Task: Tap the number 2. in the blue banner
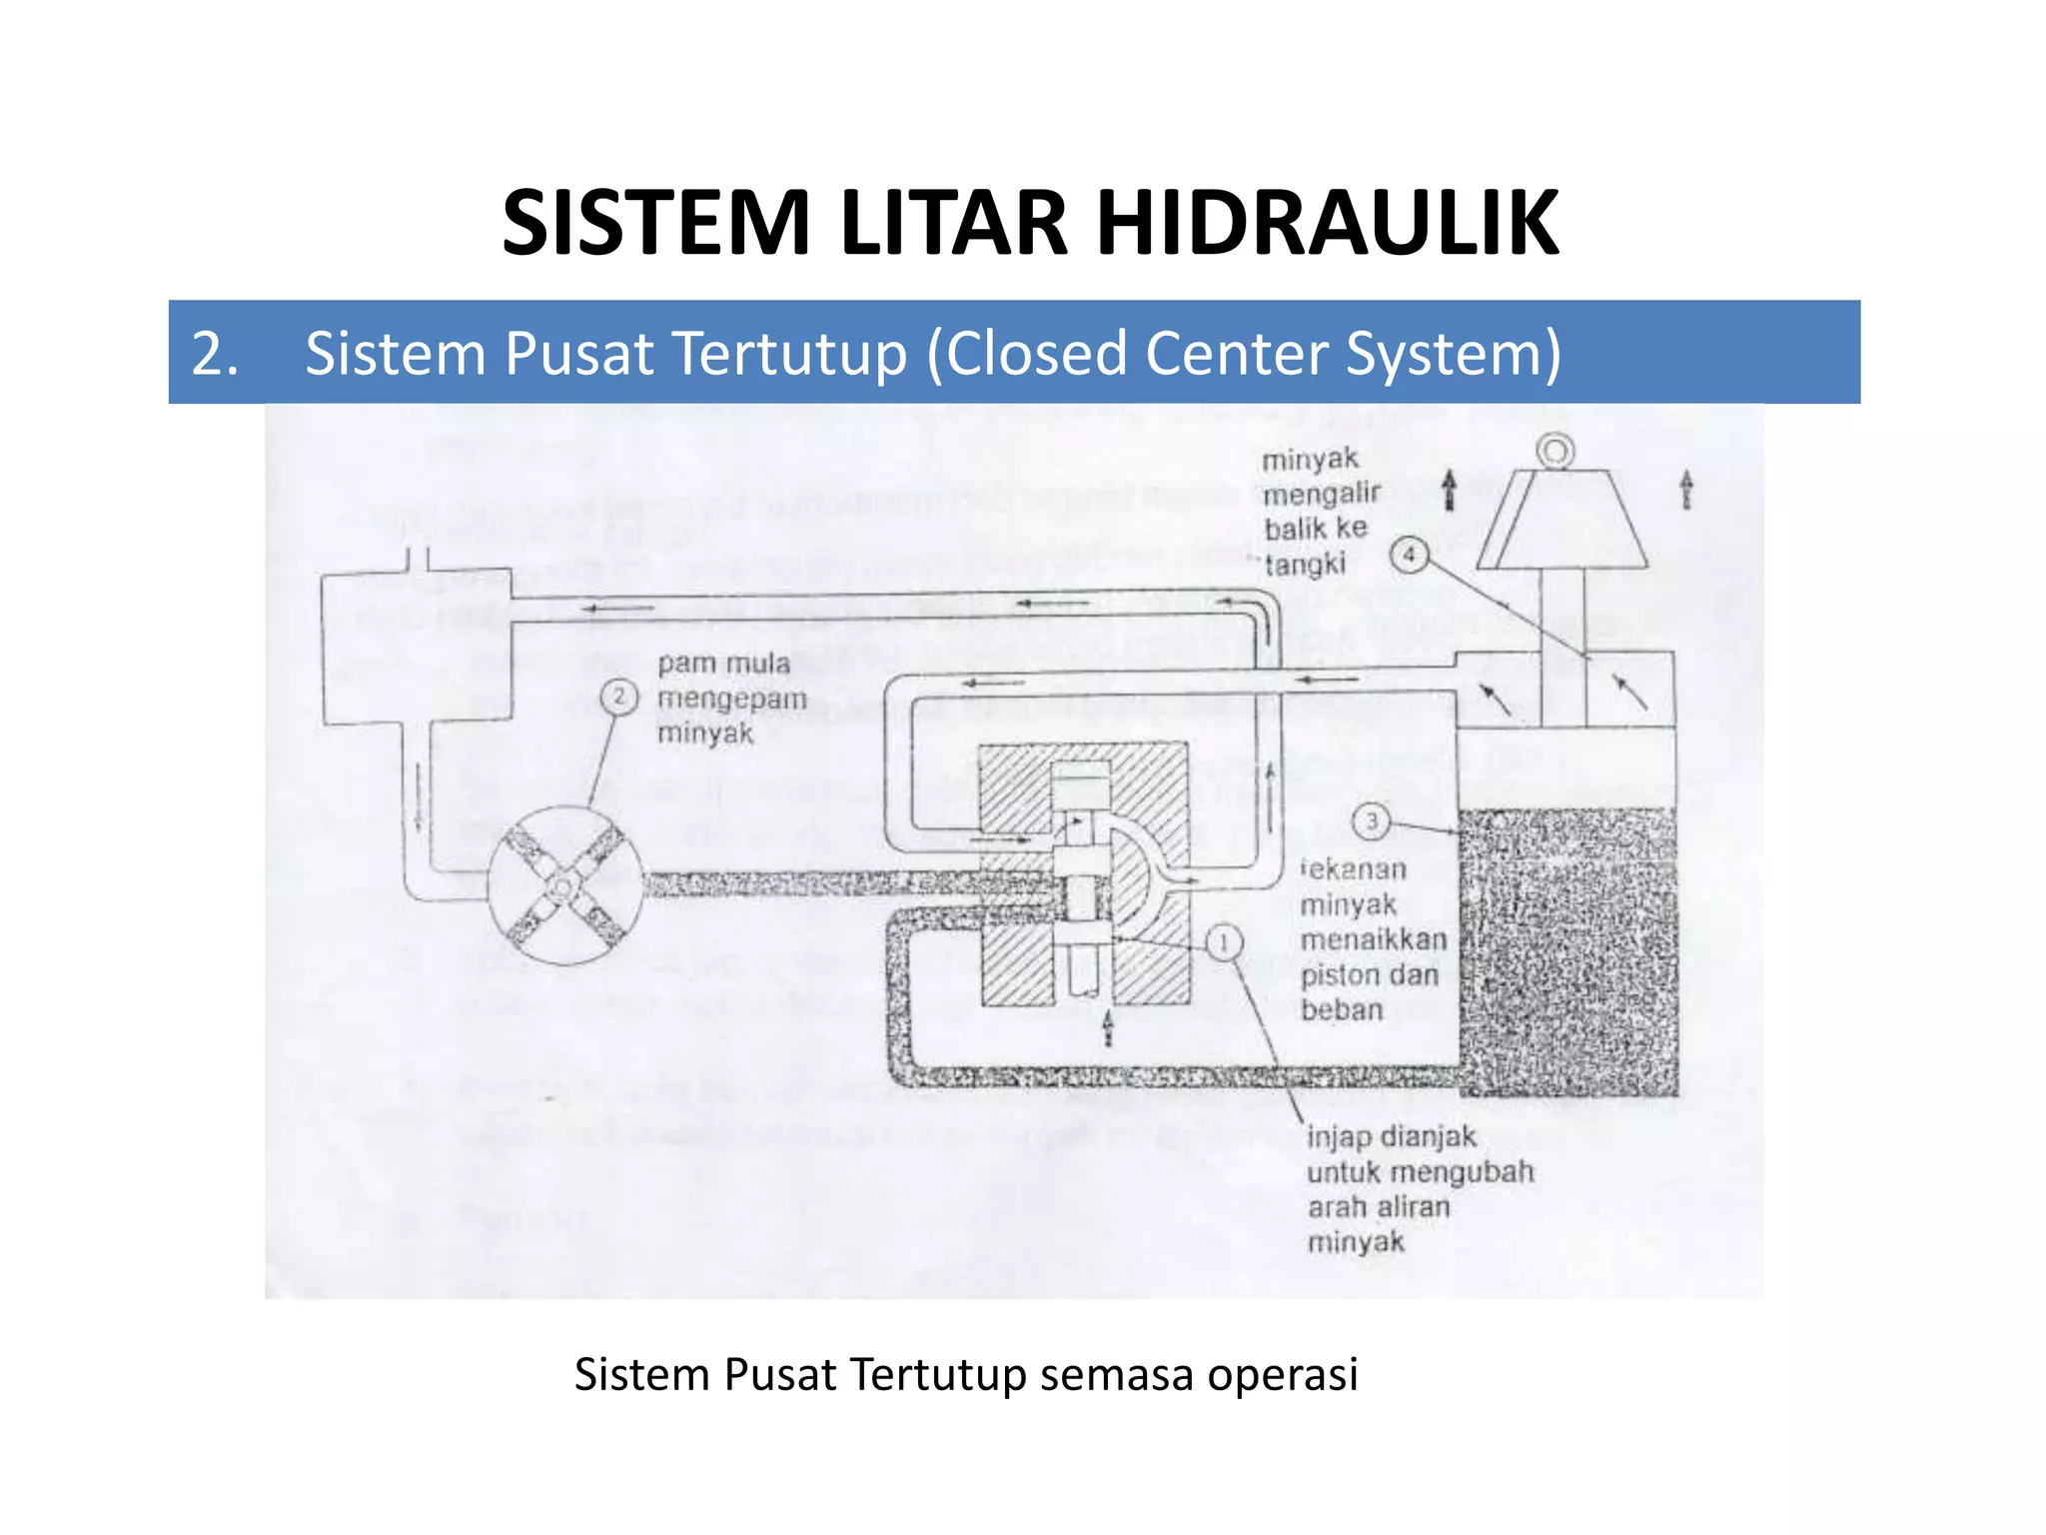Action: [215, 354]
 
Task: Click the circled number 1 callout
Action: [1224, 942]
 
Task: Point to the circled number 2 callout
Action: [619, 697]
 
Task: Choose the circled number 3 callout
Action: [1371, 821]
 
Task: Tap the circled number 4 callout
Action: [1409, 555]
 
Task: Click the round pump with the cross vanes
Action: [564, 885]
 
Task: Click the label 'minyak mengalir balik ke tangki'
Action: [1319, 512]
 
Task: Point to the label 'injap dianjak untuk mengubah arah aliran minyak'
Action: [1419, 1189]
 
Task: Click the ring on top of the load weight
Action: [1555, 452]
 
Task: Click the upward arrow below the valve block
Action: [1107, 1027]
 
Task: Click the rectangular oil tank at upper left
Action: [417, 648]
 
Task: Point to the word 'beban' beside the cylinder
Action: [1342, 1009]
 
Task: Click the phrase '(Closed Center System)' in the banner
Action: [1244, 354]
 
